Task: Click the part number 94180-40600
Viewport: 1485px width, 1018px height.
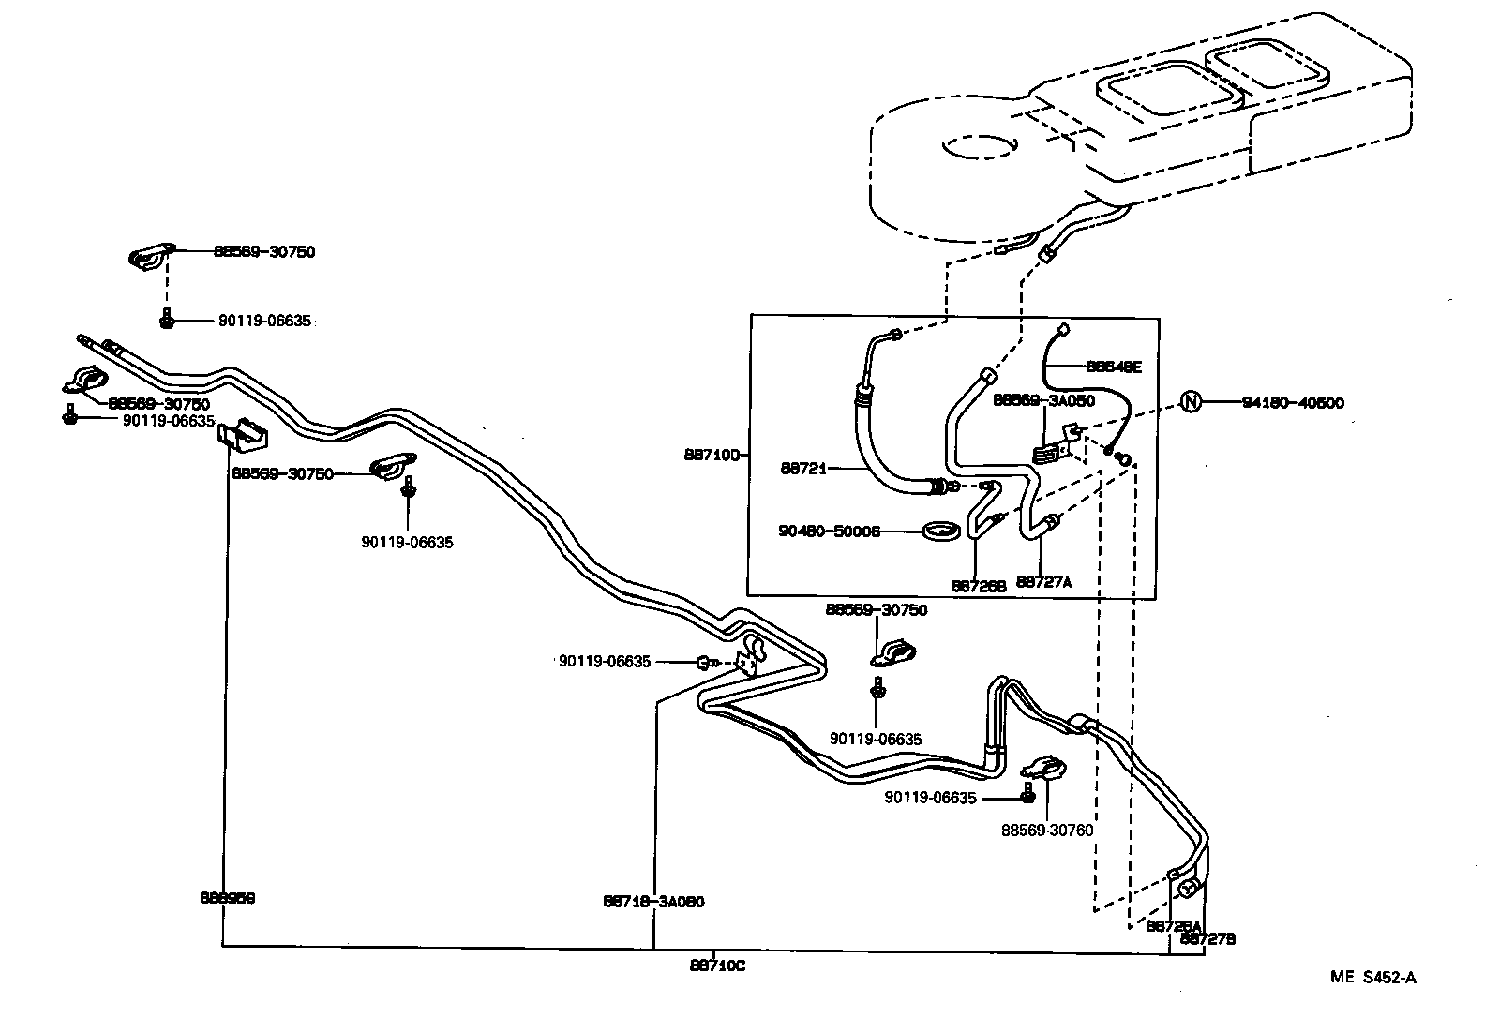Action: pyautogui.click(x=1293, y=403)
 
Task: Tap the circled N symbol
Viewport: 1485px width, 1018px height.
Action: pyautogui.click(x=1190, y=403)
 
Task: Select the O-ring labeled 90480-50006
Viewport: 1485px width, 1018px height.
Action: pyautogui.click(x=941, y=531)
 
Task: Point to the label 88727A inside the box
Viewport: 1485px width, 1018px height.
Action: pyautogui.click(x=1043, y=581)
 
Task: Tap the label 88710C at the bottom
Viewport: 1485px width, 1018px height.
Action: pyautogui.click(x=717, y=966)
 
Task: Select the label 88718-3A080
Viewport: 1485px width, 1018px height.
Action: pyautogui.click(x=653, y=902)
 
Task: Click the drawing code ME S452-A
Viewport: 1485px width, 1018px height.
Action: pyautogui.click(x=1372, y=978)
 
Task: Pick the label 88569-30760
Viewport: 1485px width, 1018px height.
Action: pyautogui.click(x=1047, y=830)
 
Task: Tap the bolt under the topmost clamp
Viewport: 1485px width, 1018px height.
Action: pyautogui.click(x=167, y=320)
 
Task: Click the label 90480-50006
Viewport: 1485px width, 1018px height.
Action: pyautogui.click(x=829, y=531)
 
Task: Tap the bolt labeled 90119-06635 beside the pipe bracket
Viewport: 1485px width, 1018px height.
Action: pyautogui.click(x=705, y=663)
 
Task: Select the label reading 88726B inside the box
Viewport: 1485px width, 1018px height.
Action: pyautogui.click(x=979, y=585)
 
